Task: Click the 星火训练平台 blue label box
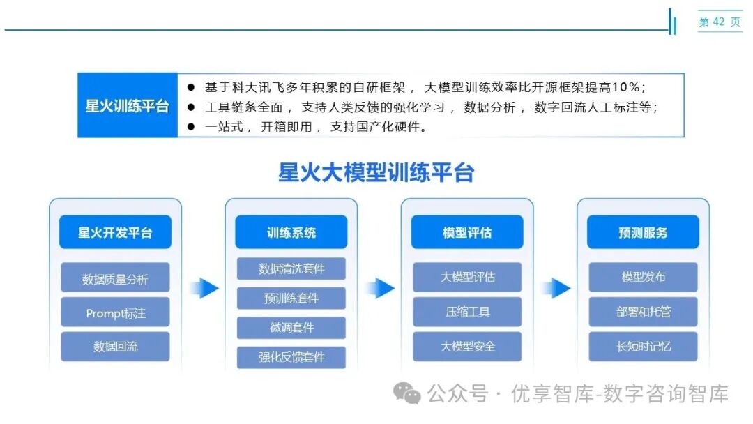pyautogui.click(x=127, y=106)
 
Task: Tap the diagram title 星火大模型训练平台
pyautogui.click(x=376, y=172)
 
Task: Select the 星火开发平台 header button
pyautogui.click(x=115, y=232)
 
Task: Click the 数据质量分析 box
pyautogui.click(x=115, y=280)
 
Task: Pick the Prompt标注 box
pyautogui.click(x=115, y=313)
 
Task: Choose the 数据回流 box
pyautogui.click(x=115, y=347)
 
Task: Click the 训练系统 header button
pyautogui.click(x=291, y=232)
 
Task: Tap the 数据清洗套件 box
pyautogui.click(x=291, y=268)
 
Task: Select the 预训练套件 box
pyautogui.click(x=291, y=298)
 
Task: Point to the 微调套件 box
pyautogui.click(x=291, y=328)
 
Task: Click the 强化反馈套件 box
pyautogui.click(x=291, y=358)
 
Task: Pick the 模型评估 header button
pyautogui.click(x=466, y=232)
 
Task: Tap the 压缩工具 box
pyautogui.click(x=466, y=312)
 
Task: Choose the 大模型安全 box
pyautogui.click(x=466, y=347)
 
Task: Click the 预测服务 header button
pyautogui.click(x=642, y=232)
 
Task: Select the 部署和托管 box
pyautogui.click(x=642, y=312)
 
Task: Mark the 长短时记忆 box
pyautogui.click(x=642, y=347)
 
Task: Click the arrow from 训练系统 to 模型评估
pyautogui.click(x=380, y=287)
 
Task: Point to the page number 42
pyautogui.click(x=720, y=22)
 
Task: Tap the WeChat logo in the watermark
pyautogui.click(x=407, y=394)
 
